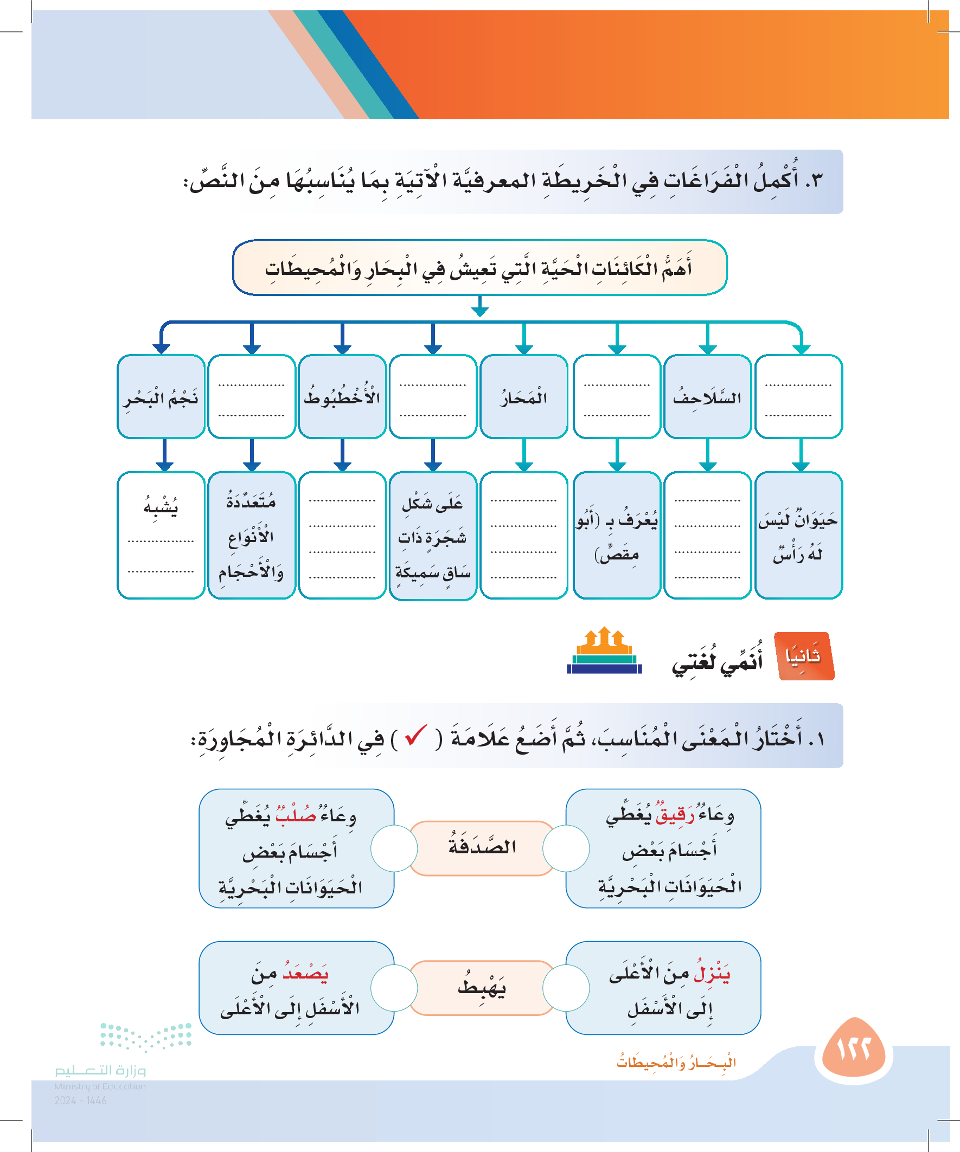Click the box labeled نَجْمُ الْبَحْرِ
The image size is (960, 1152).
161,397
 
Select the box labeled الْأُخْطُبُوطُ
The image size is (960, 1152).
342,397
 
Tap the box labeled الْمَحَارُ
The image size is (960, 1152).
523,397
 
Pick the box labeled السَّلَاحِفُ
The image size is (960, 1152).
707,397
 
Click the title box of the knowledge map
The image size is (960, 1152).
479,268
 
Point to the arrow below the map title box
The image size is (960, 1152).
479,307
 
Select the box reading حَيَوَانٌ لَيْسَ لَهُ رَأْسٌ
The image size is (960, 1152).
798,535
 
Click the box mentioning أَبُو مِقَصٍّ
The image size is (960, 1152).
616,535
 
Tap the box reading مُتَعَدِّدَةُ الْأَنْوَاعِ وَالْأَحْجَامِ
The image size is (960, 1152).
251,535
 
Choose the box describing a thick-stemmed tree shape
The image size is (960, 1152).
432,536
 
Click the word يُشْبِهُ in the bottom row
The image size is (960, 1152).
161,506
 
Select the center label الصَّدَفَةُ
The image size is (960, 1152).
482,848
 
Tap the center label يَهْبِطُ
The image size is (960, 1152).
482,988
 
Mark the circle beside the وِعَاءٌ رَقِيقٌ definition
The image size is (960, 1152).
566,848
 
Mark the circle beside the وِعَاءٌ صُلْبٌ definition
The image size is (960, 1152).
394,848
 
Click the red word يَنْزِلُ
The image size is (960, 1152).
712,974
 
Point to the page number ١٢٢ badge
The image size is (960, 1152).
854,1050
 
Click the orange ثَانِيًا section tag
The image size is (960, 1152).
804,656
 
